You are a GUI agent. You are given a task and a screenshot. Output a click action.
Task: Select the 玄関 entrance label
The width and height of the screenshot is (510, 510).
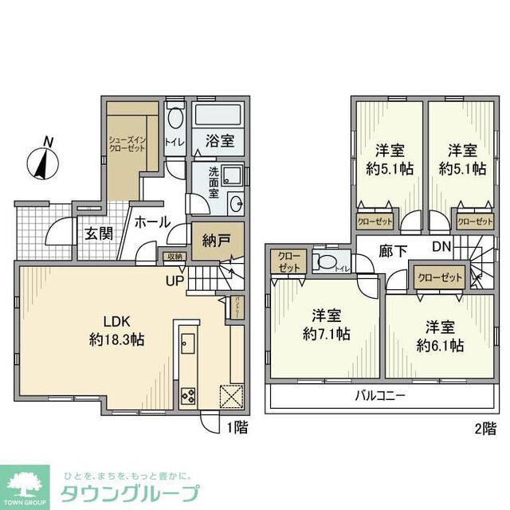pos(99,233)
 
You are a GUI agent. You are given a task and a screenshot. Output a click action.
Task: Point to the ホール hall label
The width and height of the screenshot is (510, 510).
pos(151,222)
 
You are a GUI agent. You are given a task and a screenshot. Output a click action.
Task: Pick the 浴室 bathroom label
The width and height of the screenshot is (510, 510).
pos(220,141)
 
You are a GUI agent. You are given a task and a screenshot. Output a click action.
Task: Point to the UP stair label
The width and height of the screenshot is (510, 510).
pos(175,280)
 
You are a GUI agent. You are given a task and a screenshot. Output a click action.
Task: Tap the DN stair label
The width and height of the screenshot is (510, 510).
pos(441,248)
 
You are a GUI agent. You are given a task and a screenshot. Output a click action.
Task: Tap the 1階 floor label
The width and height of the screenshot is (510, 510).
pos(237,427)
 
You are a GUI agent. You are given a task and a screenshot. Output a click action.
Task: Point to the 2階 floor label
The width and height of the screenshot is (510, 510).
pos(485,427)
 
